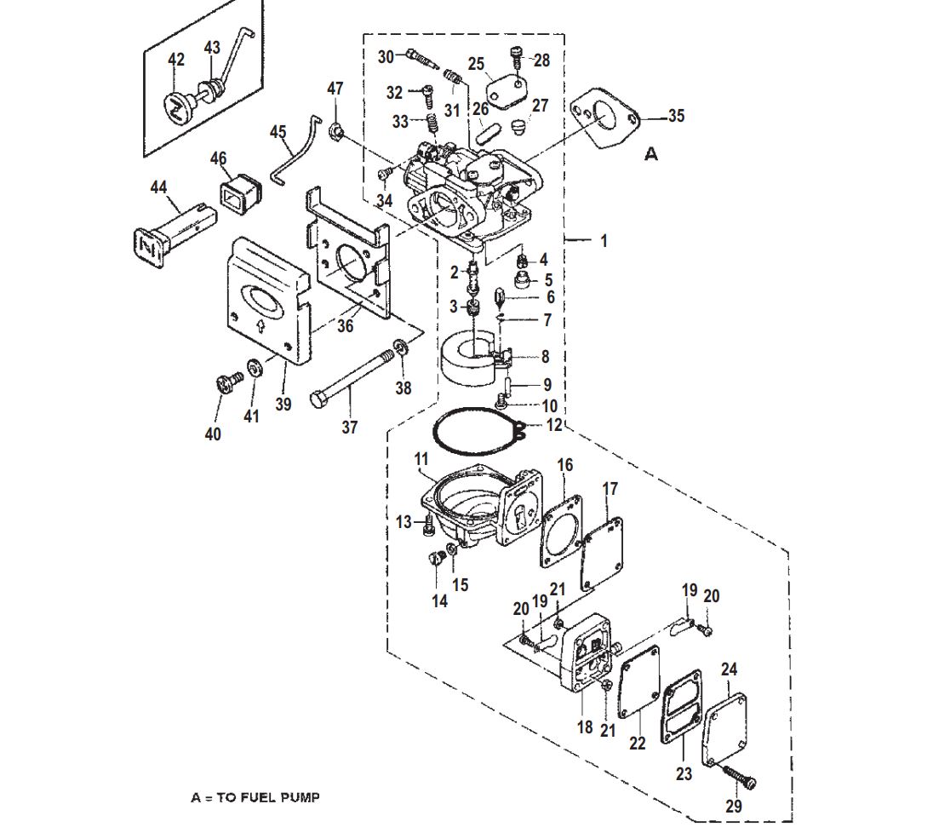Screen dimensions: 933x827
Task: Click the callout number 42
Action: (x=176, y=59)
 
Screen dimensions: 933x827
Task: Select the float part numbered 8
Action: (x=472, y=361)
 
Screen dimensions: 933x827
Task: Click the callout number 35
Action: (x=677, y=116)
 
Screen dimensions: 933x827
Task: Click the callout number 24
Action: (x=730, y=669)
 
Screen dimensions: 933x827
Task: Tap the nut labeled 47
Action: (x=336, y=128)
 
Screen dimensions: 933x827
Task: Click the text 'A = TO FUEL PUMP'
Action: (x=255, y=797)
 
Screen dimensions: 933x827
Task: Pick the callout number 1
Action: (x=604, y=241)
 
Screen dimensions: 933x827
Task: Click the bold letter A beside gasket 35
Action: (x=652, y=154)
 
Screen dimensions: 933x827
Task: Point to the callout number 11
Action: (x=421, y=459)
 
